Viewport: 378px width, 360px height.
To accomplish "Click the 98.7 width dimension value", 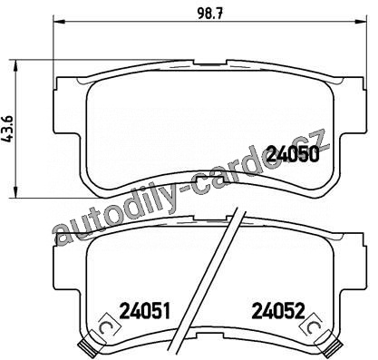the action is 210,13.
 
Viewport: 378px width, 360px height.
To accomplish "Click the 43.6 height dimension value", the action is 8,129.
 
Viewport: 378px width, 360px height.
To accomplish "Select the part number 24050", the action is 294,154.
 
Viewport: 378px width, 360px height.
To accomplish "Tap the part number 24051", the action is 145,311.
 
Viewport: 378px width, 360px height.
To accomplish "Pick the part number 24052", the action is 278,311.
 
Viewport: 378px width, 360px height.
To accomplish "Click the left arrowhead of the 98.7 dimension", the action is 59,21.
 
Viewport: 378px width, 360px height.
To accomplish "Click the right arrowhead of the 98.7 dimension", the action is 362,21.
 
